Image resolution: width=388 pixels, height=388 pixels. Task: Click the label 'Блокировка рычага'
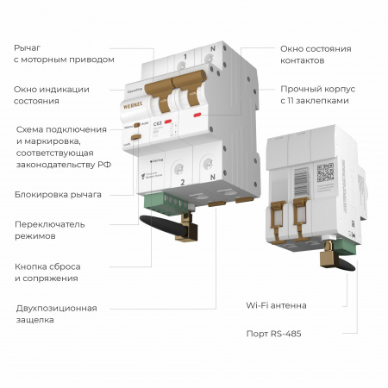pos(58,194)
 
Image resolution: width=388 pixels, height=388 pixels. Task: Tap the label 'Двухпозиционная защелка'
pos(56,313)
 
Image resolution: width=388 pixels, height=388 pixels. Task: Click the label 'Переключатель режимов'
pos(48,229)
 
